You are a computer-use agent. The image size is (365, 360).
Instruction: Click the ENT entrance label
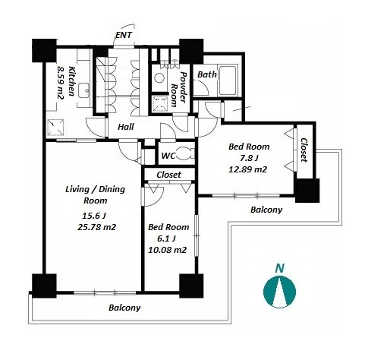click(124, 35)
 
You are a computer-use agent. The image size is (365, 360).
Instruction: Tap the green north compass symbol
click(279, 292)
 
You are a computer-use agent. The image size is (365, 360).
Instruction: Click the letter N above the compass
click(279, 268)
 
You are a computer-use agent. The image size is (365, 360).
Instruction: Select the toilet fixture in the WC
click(184, 154)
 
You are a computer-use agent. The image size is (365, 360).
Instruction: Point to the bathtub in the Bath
click(228, 80)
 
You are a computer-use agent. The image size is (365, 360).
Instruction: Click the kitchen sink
click(83, 90)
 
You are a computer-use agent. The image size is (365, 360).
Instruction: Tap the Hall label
click(126, 127)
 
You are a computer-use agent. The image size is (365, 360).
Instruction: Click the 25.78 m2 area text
click(96, 227)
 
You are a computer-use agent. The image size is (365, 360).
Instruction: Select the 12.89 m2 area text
click(247, 169)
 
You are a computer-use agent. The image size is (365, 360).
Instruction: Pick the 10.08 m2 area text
click(167, 250)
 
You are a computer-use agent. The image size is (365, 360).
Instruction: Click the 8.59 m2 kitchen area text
click(60, 82)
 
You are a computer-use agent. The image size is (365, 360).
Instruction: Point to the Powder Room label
click(178, 90)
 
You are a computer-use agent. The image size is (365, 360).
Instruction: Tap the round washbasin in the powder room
click(159, 78)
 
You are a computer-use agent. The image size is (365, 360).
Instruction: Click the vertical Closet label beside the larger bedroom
click(304, 150)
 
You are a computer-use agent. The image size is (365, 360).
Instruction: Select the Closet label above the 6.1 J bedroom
click(168, 175)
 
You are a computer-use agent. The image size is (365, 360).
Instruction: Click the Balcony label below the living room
click(124, 308)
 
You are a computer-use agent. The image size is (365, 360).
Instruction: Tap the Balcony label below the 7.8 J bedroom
click(266, 210)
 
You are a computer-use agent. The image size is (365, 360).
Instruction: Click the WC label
click(168, 156)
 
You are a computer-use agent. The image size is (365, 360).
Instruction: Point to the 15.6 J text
click(94, 216)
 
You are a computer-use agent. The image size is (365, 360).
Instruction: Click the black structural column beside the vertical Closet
click(307, 191)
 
